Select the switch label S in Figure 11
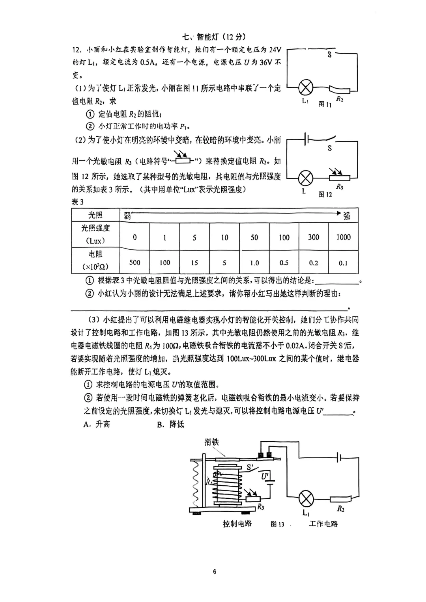pyautogui.click(x=329, y=55)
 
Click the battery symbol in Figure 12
pyautogui.click(x=306, y=139)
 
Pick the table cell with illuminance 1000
pyautogui.click(x=343, y=237)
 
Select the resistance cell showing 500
pyautogui.click(x=135, y=262)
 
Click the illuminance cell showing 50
pyautogui.click(x=254, y=237)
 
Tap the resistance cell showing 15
pyautogui.click(x=194, y=262)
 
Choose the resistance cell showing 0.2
pyautogui.click(x=314, y=262)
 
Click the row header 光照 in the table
pyautogui.click(x=95, y=215)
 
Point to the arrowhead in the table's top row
pyautogui.click(x=338, y=213)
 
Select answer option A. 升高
pyautogui.click(x=97, y=424)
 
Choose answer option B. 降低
pyautogui.click(x=170, y=424)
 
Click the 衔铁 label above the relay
pyautogui.click(x=211, y=442)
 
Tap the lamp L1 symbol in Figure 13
pyautogui.click(x=306, y=499)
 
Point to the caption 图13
pyautogui.click(x=277, y=524)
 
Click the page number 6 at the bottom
pyautogui.click(x=214, y=572)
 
